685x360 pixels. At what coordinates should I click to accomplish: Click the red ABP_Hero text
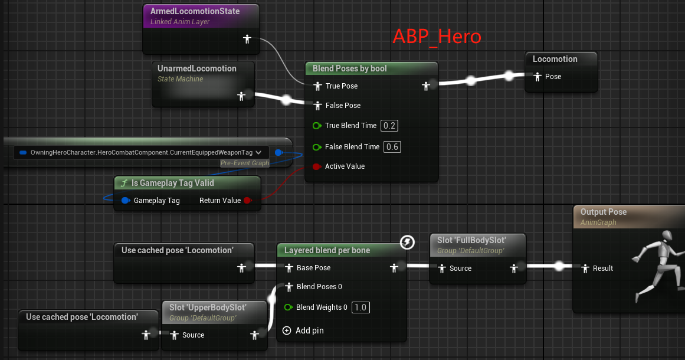click(437, 37)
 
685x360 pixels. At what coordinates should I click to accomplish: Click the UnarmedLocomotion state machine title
click(196, 68)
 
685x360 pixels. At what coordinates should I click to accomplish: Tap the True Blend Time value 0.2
click(389, 126)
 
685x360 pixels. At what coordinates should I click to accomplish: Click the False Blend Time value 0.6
click(391, 147)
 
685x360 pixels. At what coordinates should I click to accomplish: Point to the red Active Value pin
click(316, 166)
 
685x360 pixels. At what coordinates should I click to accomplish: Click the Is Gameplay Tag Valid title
click(172, 183)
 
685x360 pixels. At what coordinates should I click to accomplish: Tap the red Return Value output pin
click(248, 201)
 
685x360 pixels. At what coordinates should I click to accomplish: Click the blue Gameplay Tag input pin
click(125, 201)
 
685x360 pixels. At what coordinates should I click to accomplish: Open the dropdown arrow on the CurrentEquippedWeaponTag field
click(258, 152)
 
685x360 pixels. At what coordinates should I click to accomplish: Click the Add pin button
click(287, 330)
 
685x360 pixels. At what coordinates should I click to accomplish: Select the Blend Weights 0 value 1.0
click(359, 307)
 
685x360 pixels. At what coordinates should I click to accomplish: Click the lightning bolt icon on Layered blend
click(407, 242)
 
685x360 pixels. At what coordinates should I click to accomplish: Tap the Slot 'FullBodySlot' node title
click(471, 241)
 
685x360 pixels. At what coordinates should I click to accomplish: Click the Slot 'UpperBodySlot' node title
click(208, 307)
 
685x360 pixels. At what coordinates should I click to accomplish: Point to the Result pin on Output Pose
click(585, 269)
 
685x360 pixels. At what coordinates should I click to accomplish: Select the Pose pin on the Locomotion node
click(537, 77)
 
